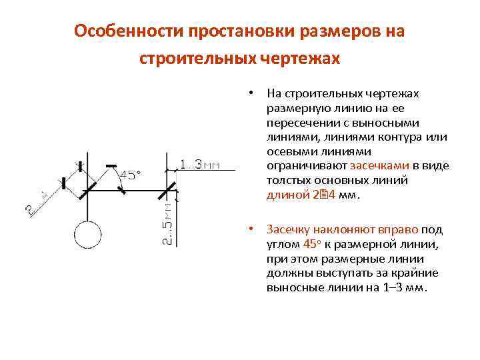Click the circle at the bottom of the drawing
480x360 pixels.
[x=87, y=236]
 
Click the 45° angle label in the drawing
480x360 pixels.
[x=131, y=175]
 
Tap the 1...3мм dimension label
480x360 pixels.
[x=200, y=164]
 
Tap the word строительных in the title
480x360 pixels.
[x=197, y=59]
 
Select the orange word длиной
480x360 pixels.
[x=287, y=195]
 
